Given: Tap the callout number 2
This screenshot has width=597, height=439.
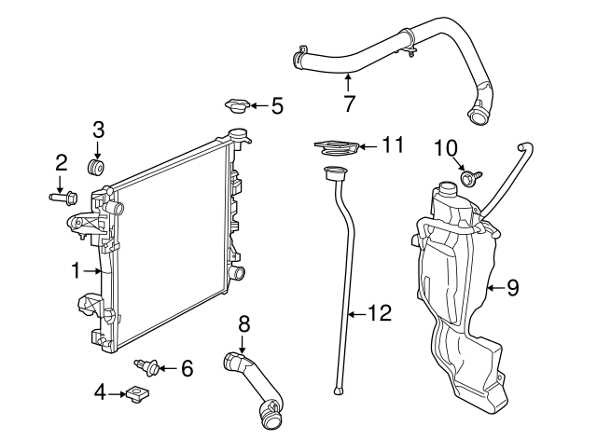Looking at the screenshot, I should tap(62, 162).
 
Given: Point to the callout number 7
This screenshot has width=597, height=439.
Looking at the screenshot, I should tap(349, 103).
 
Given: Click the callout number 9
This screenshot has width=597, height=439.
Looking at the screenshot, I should tap(511, 288).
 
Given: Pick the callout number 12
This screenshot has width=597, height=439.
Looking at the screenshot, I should tap(380, 313).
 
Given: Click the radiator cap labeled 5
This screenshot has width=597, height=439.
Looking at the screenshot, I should tap(238, 105).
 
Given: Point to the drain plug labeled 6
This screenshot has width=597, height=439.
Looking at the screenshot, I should tap(146, 364).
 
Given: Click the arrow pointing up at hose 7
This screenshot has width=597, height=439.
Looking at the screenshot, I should tap(348, 81).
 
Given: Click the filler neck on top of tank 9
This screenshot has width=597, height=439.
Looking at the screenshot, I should tap(445, 197).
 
